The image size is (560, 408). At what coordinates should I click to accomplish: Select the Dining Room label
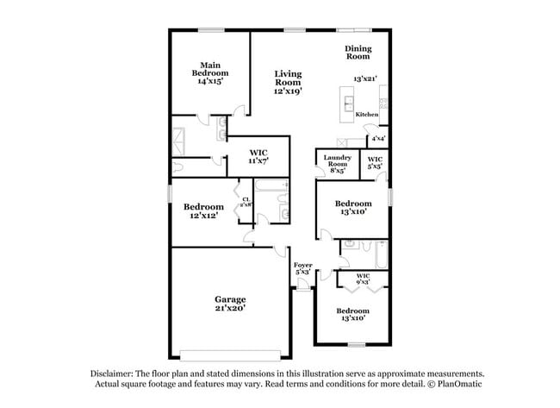358,53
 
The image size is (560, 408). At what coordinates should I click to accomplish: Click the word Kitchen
367,115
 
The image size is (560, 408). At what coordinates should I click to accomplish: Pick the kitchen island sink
350,105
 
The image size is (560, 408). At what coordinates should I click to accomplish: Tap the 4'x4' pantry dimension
377,138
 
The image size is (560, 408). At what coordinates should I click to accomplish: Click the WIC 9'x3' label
362,278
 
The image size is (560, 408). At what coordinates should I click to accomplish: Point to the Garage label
230,299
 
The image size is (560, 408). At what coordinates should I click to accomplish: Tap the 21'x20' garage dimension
230,308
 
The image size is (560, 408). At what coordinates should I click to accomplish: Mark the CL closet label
246,203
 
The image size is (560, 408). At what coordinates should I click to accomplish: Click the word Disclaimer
115,373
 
